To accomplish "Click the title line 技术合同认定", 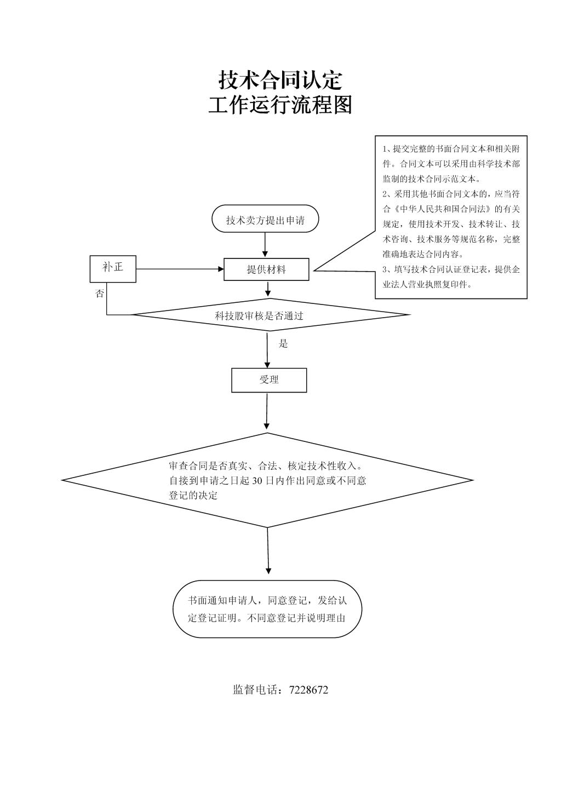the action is (280, 81).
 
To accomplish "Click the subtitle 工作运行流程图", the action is (280, 105).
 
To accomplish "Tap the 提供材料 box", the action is (266, 269).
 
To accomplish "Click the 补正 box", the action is (113, 269).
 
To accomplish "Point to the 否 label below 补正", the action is (100, 293).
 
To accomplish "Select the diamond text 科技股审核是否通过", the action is (259, 315).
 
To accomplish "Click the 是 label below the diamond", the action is (283, 343).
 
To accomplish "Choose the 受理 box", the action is (269, 380).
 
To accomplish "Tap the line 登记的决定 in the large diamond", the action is (193, 495).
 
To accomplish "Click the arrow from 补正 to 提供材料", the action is (180, 269).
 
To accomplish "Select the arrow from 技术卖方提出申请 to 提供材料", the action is (265, 245).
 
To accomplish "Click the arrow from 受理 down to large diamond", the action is (267, 411).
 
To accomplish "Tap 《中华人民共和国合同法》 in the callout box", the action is (442, 209).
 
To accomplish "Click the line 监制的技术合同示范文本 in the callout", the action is (431, 179).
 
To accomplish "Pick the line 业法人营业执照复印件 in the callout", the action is (427, 284).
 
